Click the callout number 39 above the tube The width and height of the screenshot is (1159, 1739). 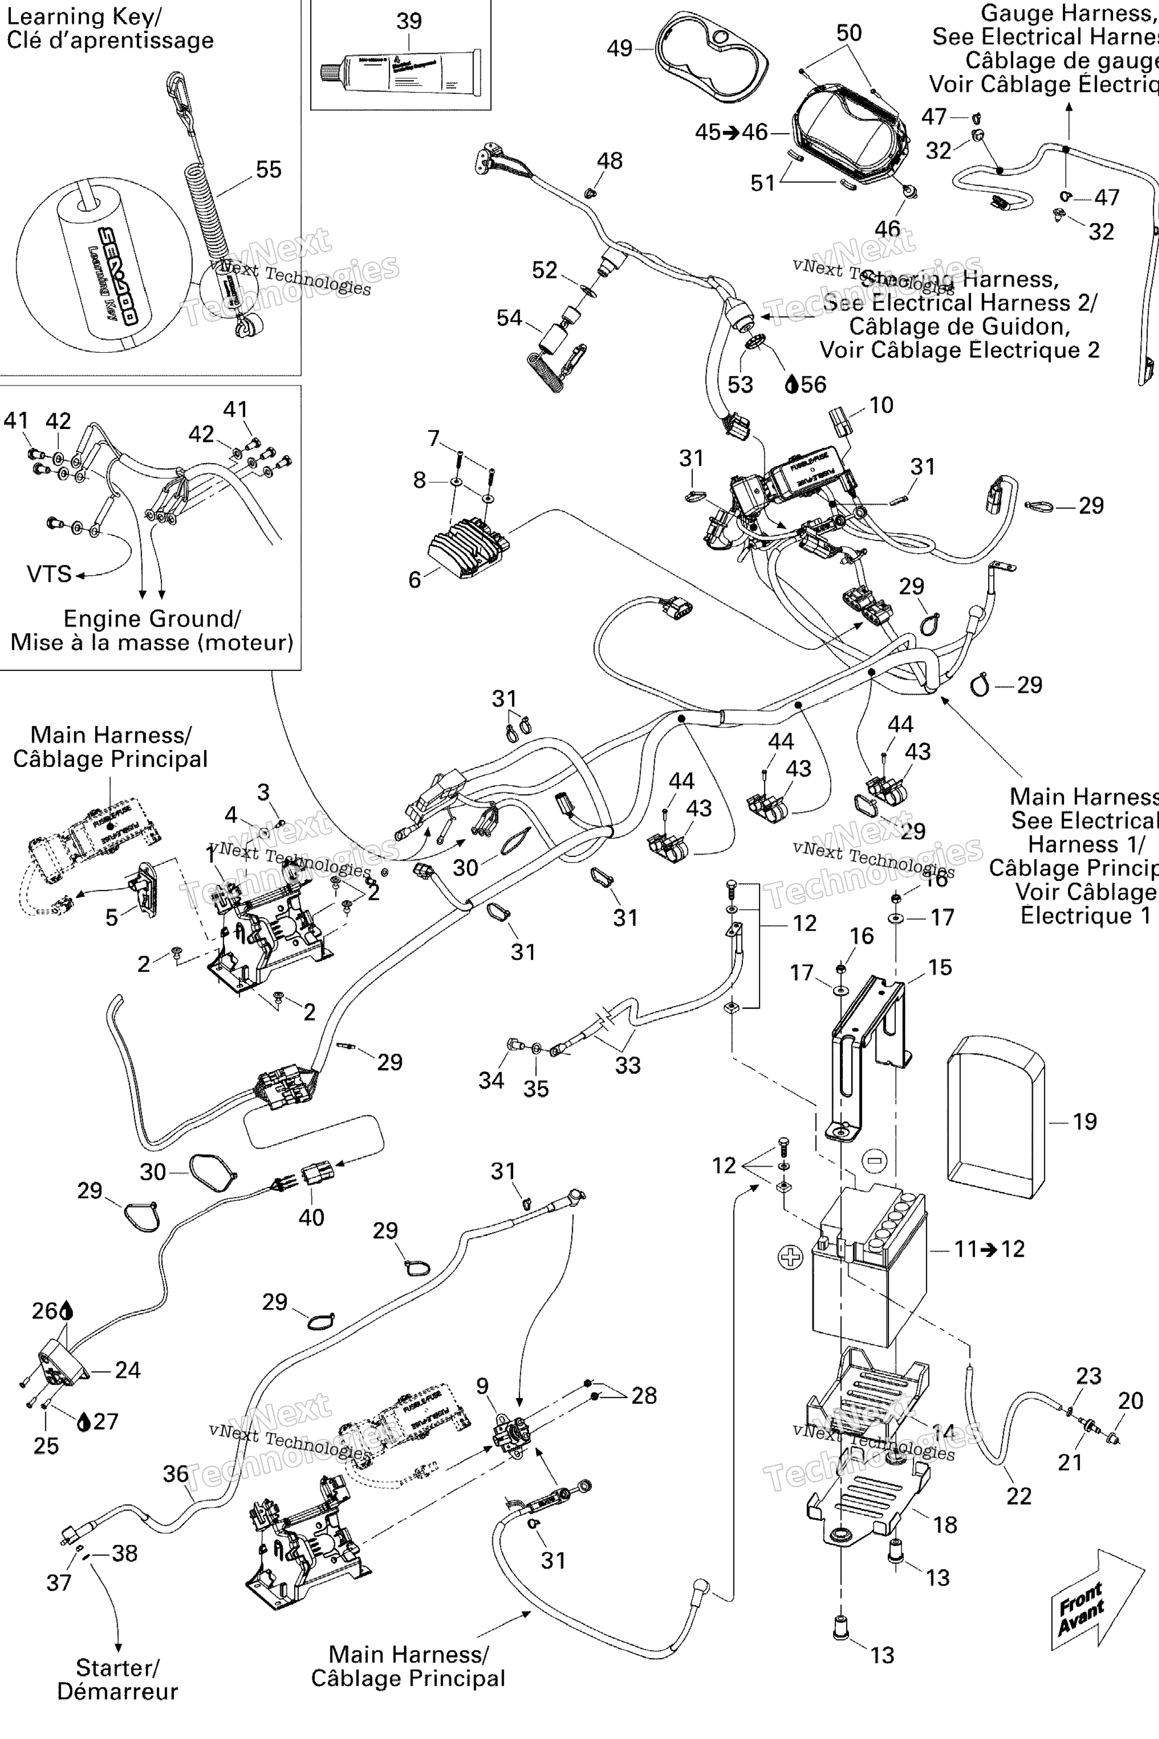point(409,21)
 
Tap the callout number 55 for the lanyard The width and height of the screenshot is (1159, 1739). point(268,169)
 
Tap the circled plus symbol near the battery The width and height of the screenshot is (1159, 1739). point(790,1256)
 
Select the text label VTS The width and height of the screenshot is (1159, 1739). point(49,574)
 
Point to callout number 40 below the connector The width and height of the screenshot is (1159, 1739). point(311,1217)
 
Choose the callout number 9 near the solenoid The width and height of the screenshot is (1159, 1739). point(483,1386)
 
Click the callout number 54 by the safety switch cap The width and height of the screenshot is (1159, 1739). point(509,318)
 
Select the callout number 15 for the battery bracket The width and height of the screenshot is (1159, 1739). point(939,967)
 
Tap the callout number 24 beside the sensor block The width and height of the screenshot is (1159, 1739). point(127,1370)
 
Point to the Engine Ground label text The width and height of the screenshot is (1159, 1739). point(152,618)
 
